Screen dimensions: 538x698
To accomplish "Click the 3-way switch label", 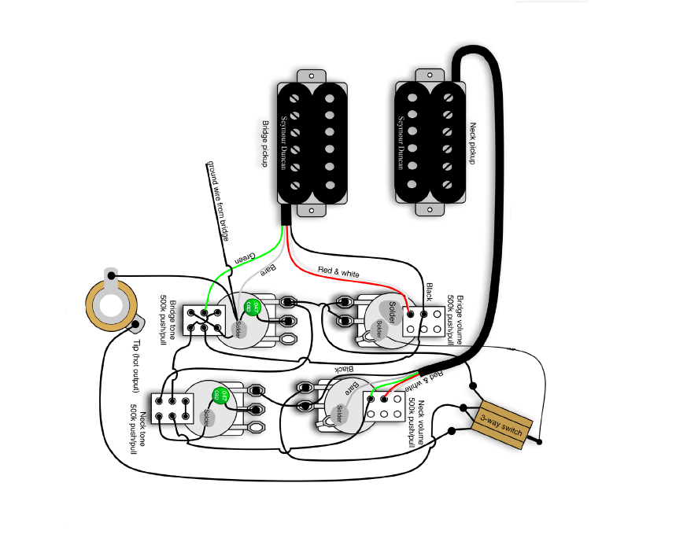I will (x=501, y=426).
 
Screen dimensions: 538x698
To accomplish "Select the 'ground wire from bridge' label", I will (x=220, y=202).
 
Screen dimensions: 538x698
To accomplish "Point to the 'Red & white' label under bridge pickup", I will (x=338, y=272).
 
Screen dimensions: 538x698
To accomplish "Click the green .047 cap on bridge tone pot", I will (x=252, y=305).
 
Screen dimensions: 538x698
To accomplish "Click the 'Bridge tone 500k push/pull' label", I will (x=167, y=319).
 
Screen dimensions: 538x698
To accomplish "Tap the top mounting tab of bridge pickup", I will (x=312, y=76).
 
